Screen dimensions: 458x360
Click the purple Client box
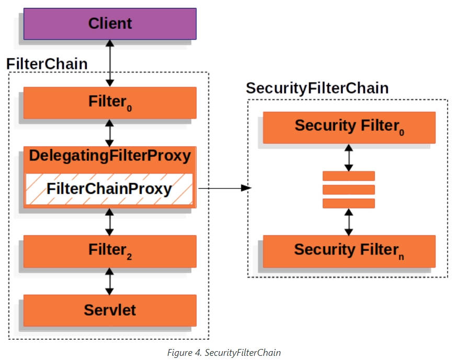pos(110,24)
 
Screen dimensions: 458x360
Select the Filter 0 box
pos(110,103)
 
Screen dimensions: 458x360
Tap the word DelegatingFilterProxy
pos(110,156)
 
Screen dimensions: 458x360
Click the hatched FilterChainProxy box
pos(109,189)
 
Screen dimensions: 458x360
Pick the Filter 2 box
pos(110,251)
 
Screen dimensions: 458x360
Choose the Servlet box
pos(110,310)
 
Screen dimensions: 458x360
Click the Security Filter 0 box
pos(349,127)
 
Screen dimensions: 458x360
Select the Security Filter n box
pos(349,251)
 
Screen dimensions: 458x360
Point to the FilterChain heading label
pos(47,64)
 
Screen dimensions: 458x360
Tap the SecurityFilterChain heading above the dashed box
pos(317,88)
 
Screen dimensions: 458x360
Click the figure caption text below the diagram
pos(224,353)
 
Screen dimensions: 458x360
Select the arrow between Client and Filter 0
pos(110,63)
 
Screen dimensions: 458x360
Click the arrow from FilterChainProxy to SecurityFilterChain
pos(225,188)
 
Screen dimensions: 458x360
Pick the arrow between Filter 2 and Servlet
pos(110,281)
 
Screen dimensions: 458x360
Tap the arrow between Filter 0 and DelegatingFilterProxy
pos(110,133)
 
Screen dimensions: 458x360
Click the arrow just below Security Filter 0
pos(349,158)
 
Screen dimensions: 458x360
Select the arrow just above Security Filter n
pos(349,222)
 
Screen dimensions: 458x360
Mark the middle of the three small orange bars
pos(349,190)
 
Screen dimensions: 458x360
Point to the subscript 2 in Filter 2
pos(129,257)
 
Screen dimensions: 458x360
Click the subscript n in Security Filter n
pos(402,257)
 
